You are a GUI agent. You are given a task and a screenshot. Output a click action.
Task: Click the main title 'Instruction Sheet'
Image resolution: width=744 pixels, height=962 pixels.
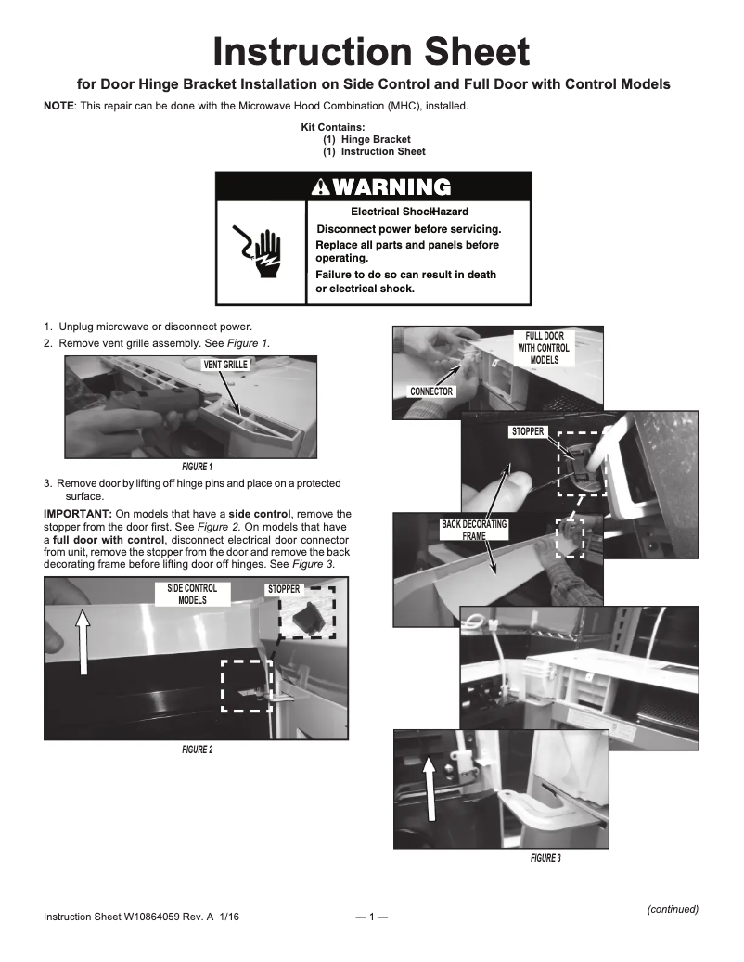click(x=372, y=51)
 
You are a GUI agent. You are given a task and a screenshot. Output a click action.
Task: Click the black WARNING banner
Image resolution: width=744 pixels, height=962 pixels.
click(x=373, y=186)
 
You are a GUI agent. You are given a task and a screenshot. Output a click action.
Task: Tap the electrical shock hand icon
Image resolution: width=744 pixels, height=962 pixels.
click(x=261, y=251)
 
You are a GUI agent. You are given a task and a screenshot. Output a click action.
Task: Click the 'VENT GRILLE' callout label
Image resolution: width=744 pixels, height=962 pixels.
click(x=224, y=365)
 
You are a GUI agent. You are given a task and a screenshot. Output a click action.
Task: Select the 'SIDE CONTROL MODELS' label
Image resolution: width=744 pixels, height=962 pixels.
click(x=192, y=594)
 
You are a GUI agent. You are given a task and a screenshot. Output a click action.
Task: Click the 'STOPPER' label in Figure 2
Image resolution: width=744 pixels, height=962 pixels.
click(x=283, y=589)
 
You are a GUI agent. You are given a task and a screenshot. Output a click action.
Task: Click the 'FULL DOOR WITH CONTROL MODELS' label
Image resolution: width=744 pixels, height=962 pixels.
click(x=545, y=348)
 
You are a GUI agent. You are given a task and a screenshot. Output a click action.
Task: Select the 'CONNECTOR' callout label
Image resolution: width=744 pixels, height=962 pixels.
click(x=431, y=391)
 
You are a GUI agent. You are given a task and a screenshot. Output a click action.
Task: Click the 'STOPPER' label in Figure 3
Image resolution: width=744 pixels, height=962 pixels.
click(x=527, y=432)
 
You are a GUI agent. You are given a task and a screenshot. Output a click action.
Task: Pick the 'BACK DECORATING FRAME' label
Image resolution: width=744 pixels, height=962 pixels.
click(x=474, y=530)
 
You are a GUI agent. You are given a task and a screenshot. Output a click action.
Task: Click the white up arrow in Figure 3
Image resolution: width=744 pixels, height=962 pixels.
click(x=429, y=789)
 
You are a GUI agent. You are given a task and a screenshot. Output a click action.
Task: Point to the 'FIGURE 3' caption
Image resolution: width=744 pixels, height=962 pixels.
click(x=545, y=858)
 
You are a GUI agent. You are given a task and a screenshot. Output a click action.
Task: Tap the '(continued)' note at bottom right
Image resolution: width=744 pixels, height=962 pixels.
click(x=672, y=909)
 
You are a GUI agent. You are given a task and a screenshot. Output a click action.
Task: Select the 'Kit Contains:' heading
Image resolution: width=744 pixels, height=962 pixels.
click(x=333, y=127)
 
